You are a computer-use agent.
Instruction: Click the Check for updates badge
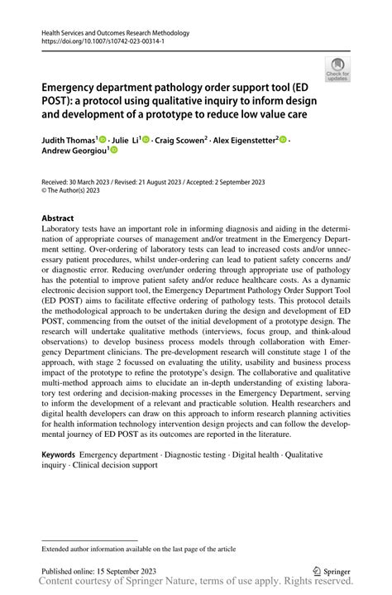337,70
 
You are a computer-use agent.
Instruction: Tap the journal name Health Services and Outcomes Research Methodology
115,33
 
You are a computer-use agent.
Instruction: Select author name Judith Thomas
69,141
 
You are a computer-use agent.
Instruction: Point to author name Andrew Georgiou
69,152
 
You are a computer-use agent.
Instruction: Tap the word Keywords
59,455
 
